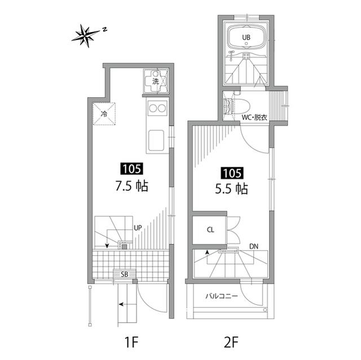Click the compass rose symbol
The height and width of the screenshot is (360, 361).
coord(86,35)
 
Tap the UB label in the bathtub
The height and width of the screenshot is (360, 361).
coord(246,37)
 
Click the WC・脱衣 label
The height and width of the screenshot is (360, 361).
coord(254,118)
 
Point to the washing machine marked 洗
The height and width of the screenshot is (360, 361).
coord(156,81)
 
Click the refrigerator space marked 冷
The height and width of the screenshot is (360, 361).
coord(104,114)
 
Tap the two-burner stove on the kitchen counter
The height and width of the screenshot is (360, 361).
coord(157,108)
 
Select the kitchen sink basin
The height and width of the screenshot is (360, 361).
coord(156,140)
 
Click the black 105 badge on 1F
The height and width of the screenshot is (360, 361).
coord(131,169)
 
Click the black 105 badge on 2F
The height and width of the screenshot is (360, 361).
coord(232,173)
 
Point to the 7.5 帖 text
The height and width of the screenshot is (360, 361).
coord(131,186)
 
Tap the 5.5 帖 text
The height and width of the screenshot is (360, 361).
coord(231,189)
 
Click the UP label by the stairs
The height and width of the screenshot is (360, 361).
coord(138,228)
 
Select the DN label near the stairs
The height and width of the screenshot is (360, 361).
coord(254,247)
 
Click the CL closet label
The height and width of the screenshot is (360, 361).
coord(210,230)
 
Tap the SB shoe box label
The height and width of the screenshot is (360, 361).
coord(125,274)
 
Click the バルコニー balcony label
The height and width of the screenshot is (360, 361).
coord(222,296)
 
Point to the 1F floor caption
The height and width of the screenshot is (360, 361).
coord(131,342)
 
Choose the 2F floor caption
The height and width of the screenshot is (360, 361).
coord(231,342)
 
